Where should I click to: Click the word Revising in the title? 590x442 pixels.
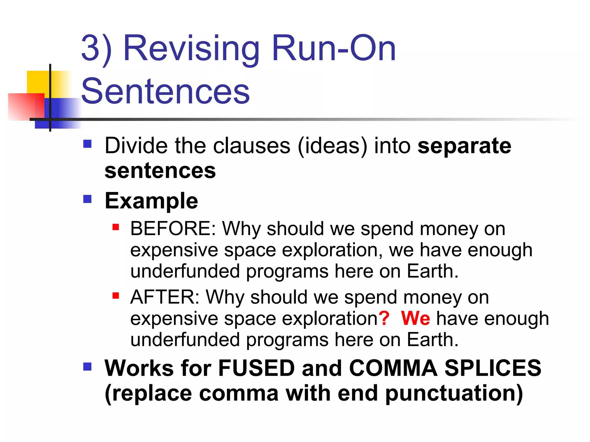point(191,48)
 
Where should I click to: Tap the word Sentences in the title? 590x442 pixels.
point(165,92)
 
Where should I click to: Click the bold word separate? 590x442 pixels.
point(464,146)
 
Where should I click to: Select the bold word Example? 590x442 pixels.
point(151,201)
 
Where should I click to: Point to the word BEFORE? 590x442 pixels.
point(173,229)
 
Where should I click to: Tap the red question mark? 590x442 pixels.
point(384,318)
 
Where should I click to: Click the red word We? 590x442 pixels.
point(415,318)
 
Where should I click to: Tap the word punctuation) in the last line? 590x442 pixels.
point(454,393)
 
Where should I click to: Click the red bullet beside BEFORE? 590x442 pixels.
point(116,227)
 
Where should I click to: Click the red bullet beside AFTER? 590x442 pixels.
point(116,296)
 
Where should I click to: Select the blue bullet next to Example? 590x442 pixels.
point(87,199)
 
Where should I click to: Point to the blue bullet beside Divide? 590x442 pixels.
point(87,144)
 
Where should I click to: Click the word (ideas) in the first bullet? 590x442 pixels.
point(333,146)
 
